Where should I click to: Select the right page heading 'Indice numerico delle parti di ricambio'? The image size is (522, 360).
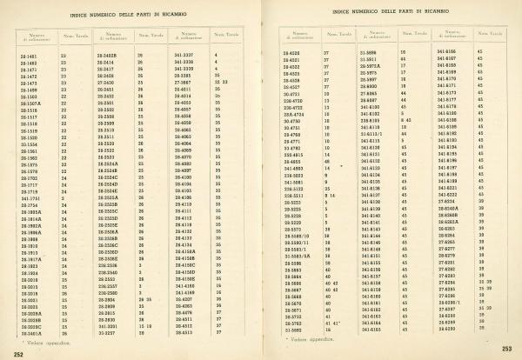pos(391,10)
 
